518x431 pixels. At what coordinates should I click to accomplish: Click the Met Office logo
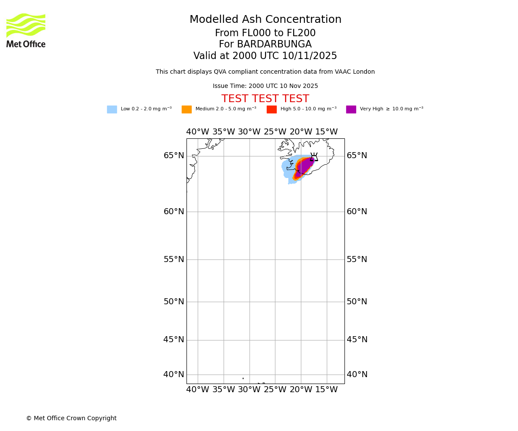pyautogui.click(x=26, y=31)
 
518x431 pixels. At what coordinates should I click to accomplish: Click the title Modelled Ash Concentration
pyautogui.click(x=265, y=20)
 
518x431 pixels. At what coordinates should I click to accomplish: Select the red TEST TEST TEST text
pyautogui.click(x=265, y=99)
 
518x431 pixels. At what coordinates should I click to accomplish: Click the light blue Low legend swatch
pyautogui.click(x=112, y=109)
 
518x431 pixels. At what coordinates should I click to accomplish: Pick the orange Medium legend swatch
pyautogui.click(x=186, y=109)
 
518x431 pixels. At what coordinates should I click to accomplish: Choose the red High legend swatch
pyautogui.click(x=272, y=109)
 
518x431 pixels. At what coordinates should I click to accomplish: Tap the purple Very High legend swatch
pyautogui.click(x=351, y=109)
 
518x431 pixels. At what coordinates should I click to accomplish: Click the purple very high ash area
pyautogui.click(x=304, y=166)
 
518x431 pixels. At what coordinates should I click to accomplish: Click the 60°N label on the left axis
pyautogui.click(x=174, y=212)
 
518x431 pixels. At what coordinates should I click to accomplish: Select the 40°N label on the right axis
pyautogui.click(x=357, y=375)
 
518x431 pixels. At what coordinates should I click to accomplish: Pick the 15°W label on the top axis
pyautogui.click(x=326, y=132)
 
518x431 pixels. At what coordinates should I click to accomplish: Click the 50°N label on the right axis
pyautogui.click(x=357, y=302)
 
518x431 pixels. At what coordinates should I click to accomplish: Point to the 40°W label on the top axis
pyautogui.click(x=198, y=132)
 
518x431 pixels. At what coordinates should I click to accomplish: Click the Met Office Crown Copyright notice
pyautogui.click(x=71, y=419)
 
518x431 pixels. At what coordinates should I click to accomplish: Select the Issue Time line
pyautogui.click(x=265, y=86)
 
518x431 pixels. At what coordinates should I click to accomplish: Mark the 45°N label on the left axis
pyautogui.click(x=174, y=340)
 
